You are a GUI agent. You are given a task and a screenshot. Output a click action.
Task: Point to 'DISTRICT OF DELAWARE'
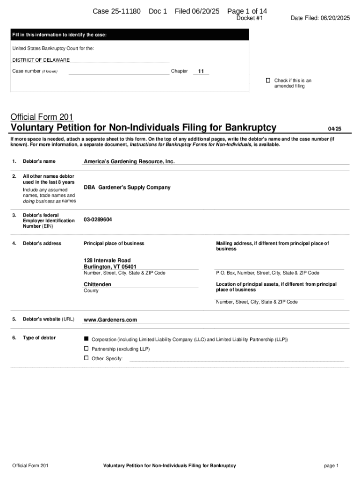tap(41, 60)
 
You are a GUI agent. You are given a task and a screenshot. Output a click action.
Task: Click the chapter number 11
tap(201, 71)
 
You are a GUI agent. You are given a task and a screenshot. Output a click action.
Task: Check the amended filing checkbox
tap(268, 80)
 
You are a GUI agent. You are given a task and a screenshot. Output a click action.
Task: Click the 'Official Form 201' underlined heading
tap(42, 117)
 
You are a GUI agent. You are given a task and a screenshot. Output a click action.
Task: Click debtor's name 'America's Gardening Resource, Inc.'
tap(129, 161)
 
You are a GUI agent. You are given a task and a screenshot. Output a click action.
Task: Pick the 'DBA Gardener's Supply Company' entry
tap(127, 187)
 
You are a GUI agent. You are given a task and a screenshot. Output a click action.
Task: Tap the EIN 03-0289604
tap(98, 219)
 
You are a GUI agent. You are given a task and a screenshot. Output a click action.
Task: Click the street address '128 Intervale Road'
tap(107, 260)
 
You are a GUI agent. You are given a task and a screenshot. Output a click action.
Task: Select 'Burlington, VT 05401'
tap(110, 267)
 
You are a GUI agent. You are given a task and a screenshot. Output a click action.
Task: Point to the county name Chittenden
tap(97, 284)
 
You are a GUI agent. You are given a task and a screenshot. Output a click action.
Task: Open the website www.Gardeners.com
tap(110, 320)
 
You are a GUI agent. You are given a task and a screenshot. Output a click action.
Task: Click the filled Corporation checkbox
tap(86, 338)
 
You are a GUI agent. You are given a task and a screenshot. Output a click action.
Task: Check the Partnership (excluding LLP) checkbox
tap(86, 348)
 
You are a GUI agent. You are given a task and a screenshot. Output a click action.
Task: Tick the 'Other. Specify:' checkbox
tap(86, 358)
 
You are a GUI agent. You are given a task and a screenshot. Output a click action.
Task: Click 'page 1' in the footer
tap(331, 465)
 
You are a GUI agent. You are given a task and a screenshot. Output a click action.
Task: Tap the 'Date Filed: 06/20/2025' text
tap(320, 18)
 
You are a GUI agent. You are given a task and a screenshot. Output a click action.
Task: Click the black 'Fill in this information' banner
tap(130, 35)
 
